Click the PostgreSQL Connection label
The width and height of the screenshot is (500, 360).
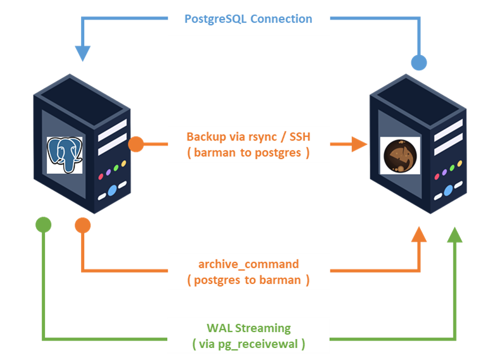point(248,18)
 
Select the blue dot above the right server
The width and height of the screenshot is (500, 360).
point(418,63)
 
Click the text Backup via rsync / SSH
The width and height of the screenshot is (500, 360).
point(248,137)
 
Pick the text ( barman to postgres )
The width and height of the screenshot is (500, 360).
point(248,152)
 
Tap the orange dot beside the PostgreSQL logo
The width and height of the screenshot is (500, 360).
point(136,145)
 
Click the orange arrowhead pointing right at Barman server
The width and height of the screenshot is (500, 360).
point(360,145)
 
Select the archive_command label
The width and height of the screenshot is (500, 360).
point(248,264)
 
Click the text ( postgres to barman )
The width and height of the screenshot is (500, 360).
point(248,280)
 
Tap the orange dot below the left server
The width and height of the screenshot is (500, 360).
point(83,225)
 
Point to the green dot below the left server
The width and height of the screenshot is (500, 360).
point(43,224)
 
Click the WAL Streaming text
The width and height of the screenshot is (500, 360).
point(248,328)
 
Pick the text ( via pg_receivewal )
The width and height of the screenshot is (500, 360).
point(248,344)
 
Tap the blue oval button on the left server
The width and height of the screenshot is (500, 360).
point(112,189)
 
